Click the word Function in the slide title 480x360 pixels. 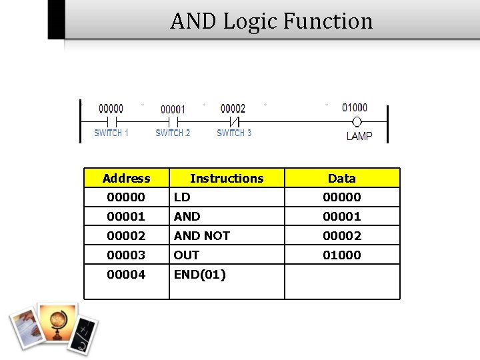[x=327, y=21]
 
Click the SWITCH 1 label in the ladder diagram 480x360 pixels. [x=111, y=133]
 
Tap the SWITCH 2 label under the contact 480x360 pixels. [x=173, y=133]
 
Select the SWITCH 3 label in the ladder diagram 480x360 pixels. [x=234, y=133]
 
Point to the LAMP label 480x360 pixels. [x=359, y=136]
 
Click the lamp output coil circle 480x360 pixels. [x=357, y=122]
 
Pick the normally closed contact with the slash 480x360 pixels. [x=234, y=122]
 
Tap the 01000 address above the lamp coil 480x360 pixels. [x=355, y=107]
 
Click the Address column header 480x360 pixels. [x=127, y=178]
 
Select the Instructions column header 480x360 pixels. [x=227, y=178]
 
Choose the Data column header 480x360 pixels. [x=342, y=178]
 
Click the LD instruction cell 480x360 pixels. [x=182, y=197]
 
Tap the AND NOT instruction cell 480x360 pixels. [x=201, y=236]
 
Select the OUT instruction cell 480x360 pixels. [x=187, y=255]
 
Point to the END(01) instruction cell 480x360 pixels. [x=200, y=275]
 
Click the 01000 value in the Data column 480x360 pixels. [x=342, y=255]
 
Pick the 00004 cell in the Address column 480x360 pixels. [x=126, y=275]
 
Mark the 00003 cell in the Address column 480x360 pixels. [x=126, y=255]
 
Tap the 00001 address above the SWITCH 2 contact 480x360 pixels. [x=173, y=109]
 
